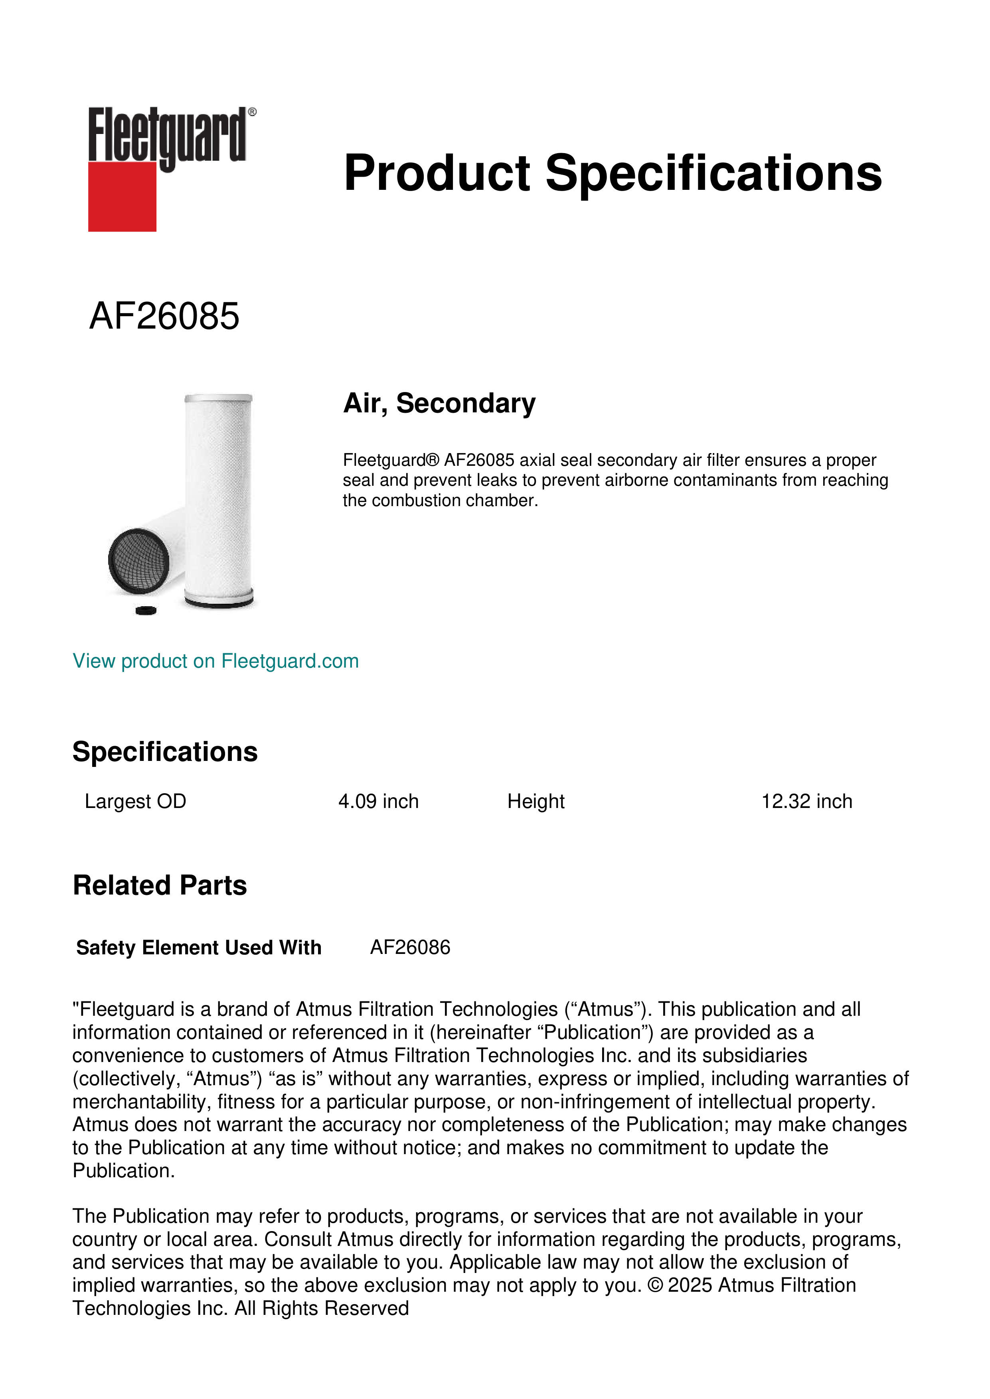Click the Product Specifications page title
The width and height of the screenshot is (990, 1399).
pos(613,173)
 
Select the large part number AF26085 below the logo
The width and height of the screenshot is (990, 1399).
pos(164,316)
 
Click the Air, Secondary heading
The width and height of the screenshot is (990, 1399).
pos(439,403)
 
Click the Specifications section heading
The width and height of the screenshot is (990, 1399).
pos(164,752)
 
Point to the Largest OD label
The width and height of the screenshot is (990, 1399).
pos(135,801)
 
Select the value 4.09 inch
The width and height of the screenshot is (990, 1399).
pos(379,801)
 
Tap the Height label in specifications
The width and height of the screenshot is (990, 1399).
pos(536,801)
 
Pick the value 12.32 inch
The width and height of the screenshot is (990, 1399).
pos(806,801)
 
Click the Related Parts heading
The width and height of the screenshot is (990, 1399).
pos(160,885)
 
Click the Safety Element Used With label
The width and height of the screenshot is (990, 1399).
pos(199,948)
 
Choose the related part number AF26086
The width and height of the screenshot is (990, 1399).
pos(410,948)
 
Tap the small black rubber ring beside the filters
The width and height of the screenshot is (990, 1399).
pos(146,610)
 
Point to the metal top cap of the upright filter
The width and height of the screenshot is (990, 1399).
pos(218,398)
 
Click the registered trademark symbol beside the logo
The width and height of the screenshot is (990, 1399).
pos(252,112)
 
